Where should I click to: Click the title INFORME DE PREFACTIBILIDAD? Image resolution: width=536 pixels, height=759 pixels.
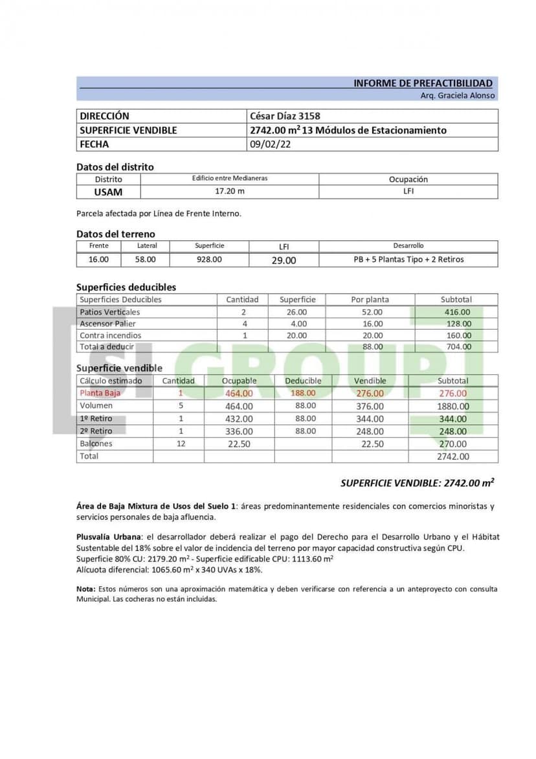pos(423,84)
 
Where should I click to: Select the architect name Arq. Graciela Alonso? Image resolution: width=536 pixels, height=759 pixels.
pos(457,95)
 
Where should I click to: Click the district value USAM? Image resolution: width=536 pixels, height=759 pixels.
pos(108,192)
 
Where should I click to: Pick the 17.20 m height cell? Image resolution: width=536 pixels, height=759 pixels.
pos(230,192)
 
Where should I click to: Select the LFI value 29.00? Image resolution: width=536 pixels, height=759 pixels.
pos(284,260)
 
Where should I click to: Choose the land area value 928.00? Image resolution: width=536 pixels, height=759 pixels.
pos(209,259)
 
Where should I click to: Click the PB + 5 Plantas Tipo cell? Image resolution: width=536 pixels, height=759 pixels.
pos(408,259)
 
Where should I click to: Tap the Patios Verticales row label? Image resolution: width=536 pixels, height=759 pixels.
pos(109,312)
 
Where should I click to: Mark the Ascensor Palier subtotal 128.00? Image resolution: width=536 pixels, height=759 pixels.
pos(457,324)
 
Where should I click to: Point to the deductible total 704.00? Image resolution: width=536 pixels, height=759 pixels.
pos(457,347)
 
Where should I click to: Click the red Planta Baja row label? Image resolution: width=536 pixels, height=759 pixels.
pos(100,393)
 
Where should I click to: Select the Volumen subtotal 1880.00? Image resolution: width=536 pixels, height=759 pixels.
pos(452,406)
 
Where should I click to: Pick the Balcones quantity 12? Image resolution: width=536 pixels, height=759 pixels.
pos(181,444)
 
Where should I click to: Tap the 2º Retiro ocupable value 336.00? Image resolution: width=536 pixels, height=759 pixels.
pos(239,431)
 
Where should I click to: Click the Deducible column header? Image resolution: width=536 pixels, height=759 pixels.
pos(303,381)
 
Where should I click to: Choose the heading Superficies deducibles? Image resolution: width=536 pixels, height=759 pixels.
pos(126,287)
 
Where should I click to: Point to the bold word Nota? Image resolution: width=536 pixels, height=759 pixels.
pos(85,589)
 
